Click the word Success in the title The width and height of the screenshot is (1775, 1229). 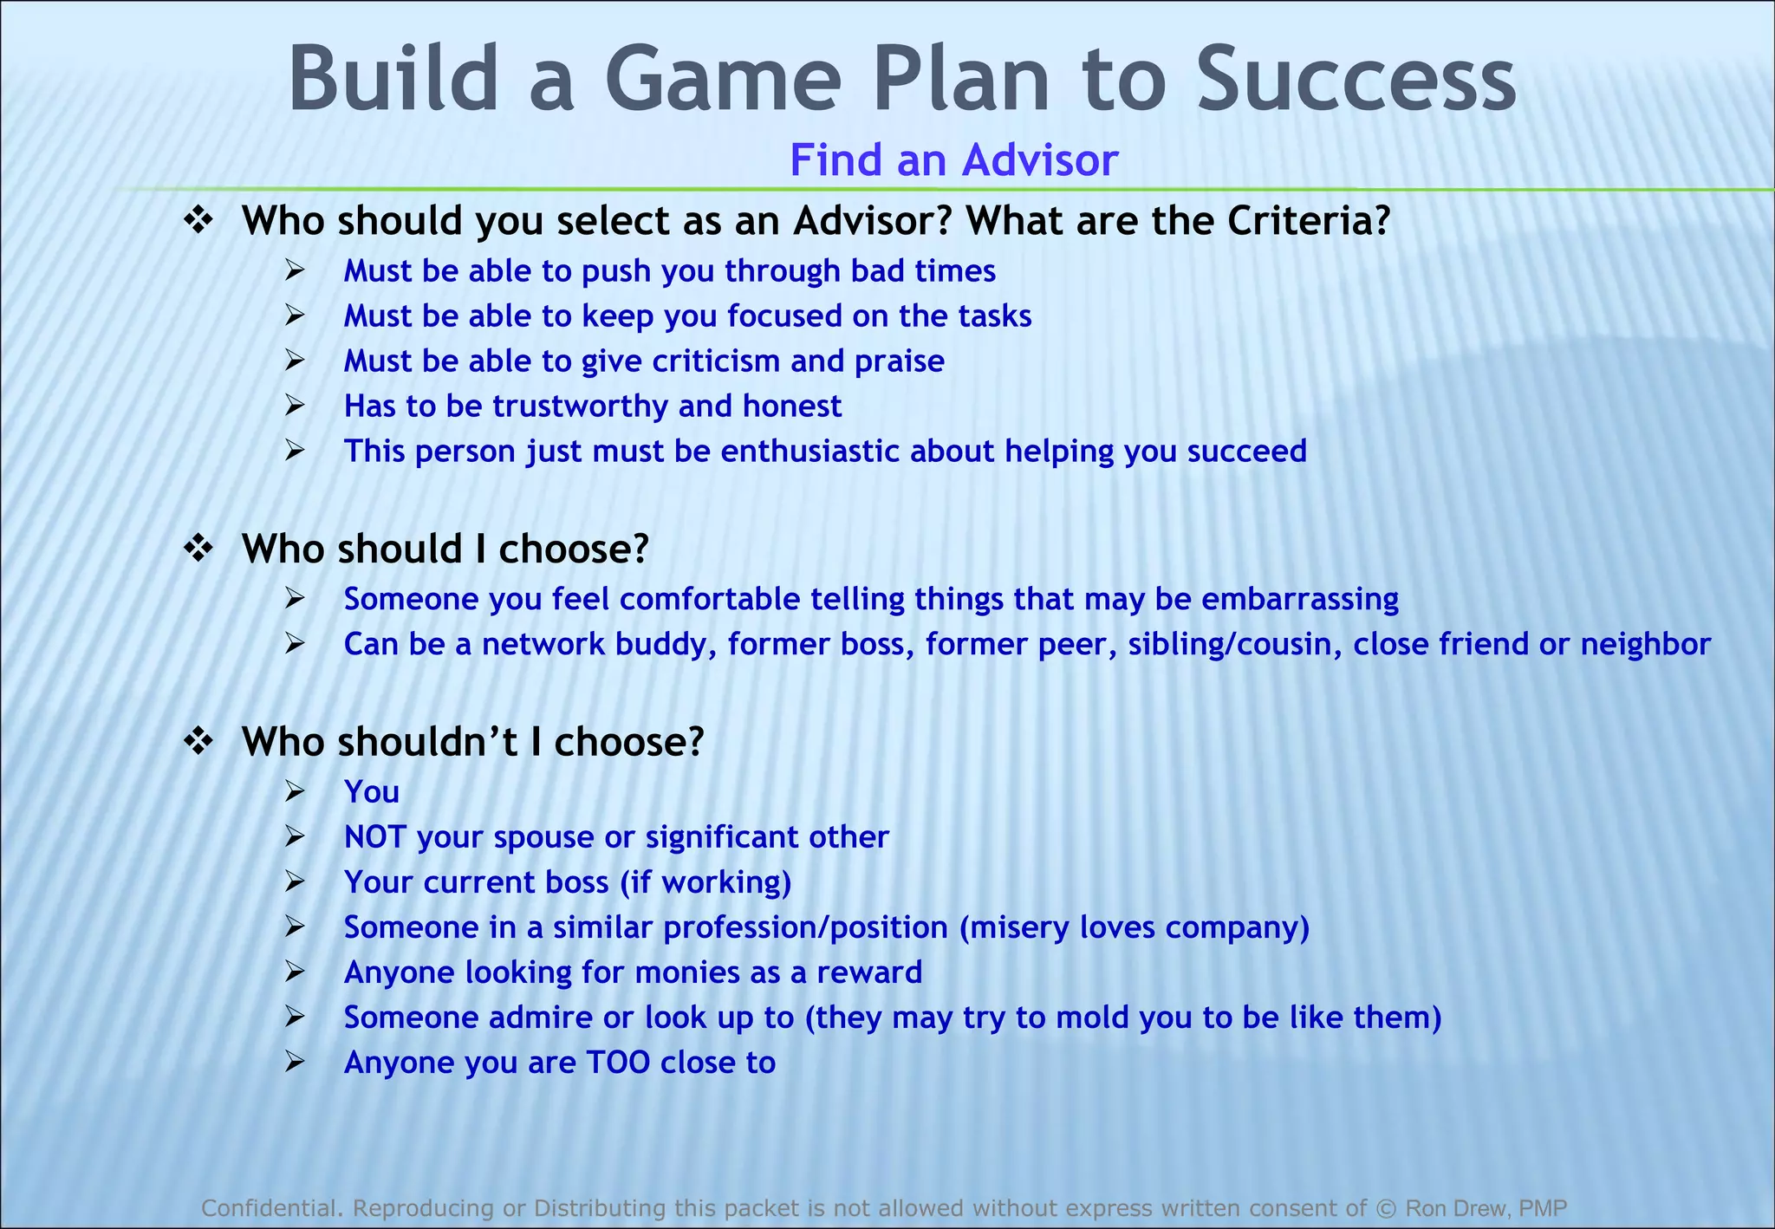click(x=1356, y=80)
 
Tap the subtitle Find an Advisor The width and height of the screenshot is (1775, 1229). click(x=953, y=160)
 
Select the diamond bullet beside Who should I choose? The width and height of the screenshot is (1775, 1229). click(x=199, y=549)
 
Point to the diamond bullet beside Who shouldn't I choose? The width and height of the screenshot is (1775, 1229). click(x=199, y=741)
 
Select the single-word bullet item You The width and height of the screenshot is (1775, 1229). click(x=372, y=792)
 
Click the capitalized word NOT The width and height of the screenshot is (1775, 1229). click(x=374, y=837)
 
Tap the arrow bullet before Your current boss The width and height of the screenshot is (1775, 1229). click(x=295, y=882)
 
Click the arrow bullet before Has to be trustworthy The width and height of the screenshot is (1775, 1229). click(x=295, y=406)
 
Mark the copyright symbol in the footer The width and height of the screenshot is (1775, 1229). click(x=1386, y=1208)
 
